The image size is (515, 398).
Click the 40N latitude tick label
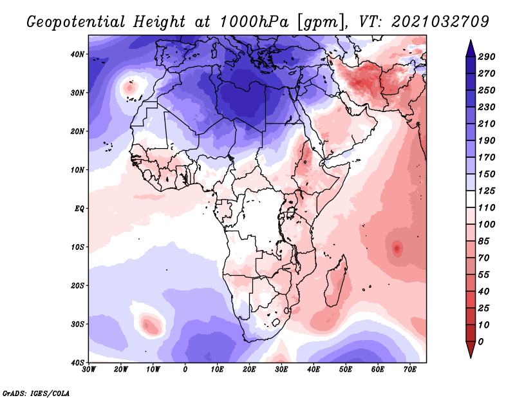(x=77, y=54)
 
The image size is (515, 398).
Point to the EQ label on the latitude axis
(x=79, y=209)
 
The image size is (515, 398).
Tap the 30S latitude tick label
(x=77, y=324)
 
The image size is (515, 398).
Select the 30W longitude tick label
(x=89, y=370)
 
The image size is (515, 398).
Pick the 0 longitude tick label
(x=185, y=370)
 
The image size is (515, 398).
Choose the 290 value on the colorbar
(x=486, y=57)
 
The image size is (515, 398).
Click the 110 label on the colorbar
(x=486, y=208)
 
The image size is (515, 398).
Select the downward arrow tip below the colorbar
(x=471, y=355)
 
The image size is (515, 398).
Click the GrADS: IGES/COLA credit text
(x=36, y=392)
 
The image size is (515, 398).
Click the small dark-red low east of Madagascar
(x=397, y=247)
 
